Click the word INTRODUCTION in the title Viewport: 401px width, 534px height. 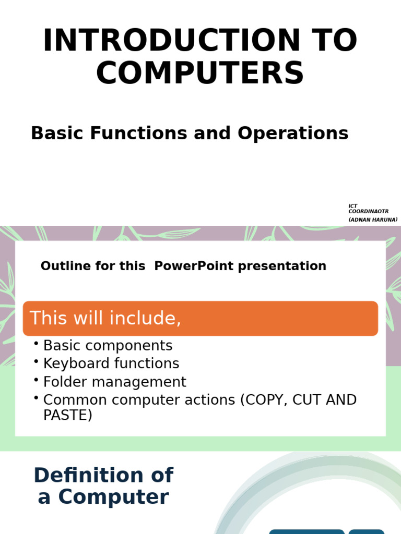(x=171, y=40)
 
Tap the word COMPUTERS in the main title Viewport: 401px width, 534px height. (x=200, y=72)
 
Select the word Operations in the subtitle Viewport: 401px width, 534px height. (x=293, y=133)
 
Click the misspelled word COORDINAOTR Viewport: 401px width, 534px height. (x=368, y=211)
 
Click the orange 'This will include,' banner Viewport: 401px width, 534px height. (x=200, y=319)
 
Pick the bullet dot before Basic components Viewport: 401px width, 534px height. (x=36, y=344)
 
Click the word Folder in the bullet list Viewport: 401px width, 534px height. (x=65, y=381)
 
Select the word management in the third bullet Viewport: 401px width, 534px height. (x=139, y=382)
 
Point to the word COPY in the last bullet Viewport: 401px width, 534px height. (x=264, y=400)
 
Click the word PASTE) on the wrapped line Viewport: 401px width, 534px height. (x=68, y=415)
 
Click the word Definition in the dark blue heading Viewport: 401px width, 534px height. (x=90, y=475)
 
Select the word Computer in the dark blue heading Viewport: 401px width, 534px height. (x=113, y=497)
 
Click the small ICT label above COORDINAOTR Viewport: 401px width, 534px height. (x=352, y=206)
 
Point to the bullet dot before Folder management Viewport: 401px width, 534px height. (x=36, y=380)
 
